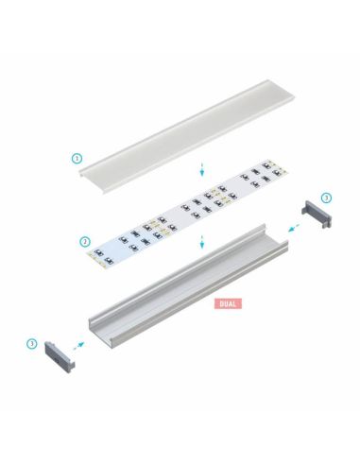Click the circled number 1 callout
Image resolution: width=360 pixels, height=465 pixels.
click(x=77, y=158)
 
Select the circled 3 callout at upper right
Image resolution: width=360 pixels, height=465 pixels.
click(x=326, y=198)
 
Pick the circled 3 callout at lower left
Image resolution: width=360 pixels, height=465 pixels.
click(x=32, y=342)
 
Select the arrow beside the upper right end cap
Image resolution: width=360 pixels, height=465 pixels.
click(x=294, y=227)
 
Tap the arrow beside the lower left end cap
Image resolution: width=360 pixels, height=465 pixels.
click(x=80, y=347)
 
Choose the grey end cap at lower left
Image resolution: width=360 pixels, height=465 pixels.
click(x=59, y=355)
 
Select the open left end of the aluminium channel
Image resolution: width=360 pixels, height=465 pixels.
click(x=99, y=330)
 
